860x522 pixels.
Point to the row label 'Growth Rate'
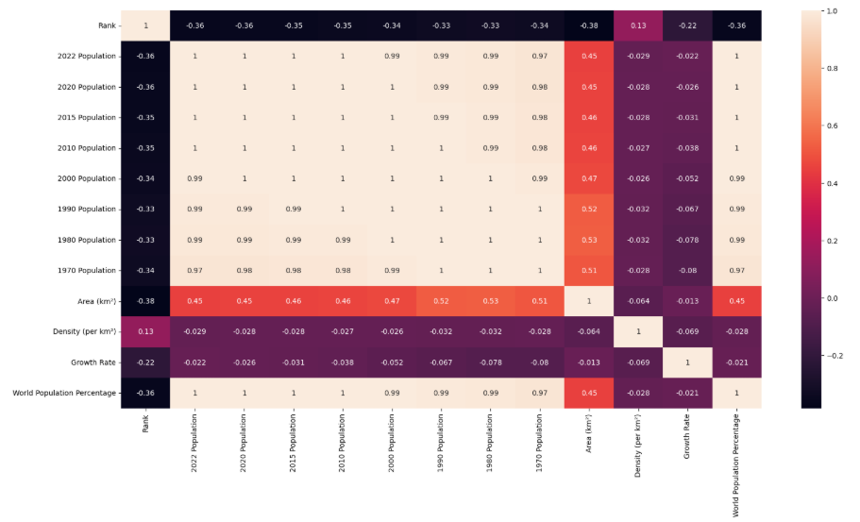94,362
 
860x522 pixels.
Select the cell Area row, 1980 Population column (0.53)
489,301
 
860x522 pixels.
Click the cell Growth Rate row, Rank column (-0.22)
145,362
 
